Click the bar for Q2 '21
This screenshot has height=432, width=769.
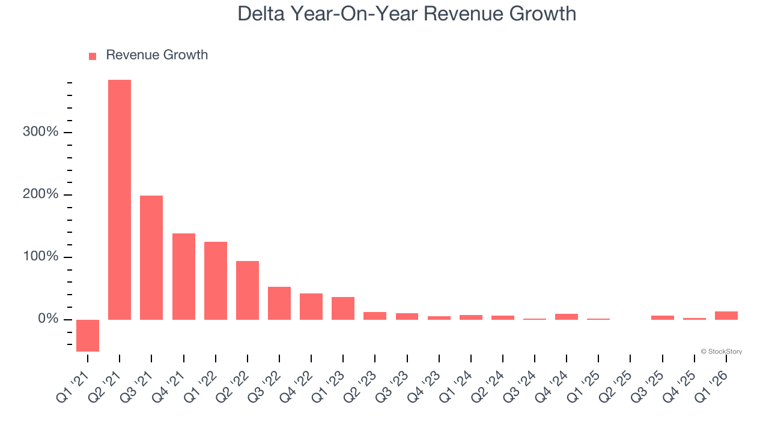(120, 199)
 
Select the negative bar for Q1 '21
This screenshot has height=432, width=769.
(88, 335)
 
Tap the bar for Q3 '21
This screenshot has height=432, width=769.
(151, 257)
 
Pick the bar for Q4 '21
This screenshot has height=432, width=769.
(184, 276)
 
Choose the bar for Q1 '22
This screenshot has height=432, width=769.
(216, 280)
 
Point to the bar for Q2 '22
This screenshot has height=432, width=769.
(248, 290)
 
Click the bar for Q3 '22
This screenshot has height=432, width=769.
(279, 303)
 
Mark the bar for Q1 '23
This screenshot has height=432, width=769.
(343, 308)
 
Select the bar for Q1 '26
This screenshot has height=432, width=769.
(726, 316)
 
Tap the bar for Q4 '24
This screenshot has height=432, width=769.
(567, 317)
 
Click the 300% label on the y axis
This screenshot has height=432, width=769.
(41, 132)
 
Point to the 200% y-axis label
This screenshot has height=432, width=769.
(41, 194)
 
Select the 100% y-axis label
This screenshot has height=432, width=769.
(41, 257)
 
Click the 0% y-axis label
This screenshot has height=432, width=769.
(48, 319)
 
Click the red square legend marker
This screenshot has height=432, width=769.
(93, 56)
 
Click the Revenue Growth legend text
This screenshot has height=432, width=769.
(157, 55)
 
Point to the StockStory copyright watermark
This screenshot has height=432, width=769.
(721, 352)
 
